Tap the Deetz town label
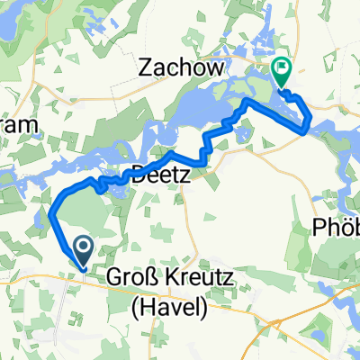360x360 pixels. pos(161,176)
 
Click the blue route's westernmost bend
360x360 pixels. pos(51,214)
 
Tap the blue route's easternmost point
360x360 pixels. pos(310,125)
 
